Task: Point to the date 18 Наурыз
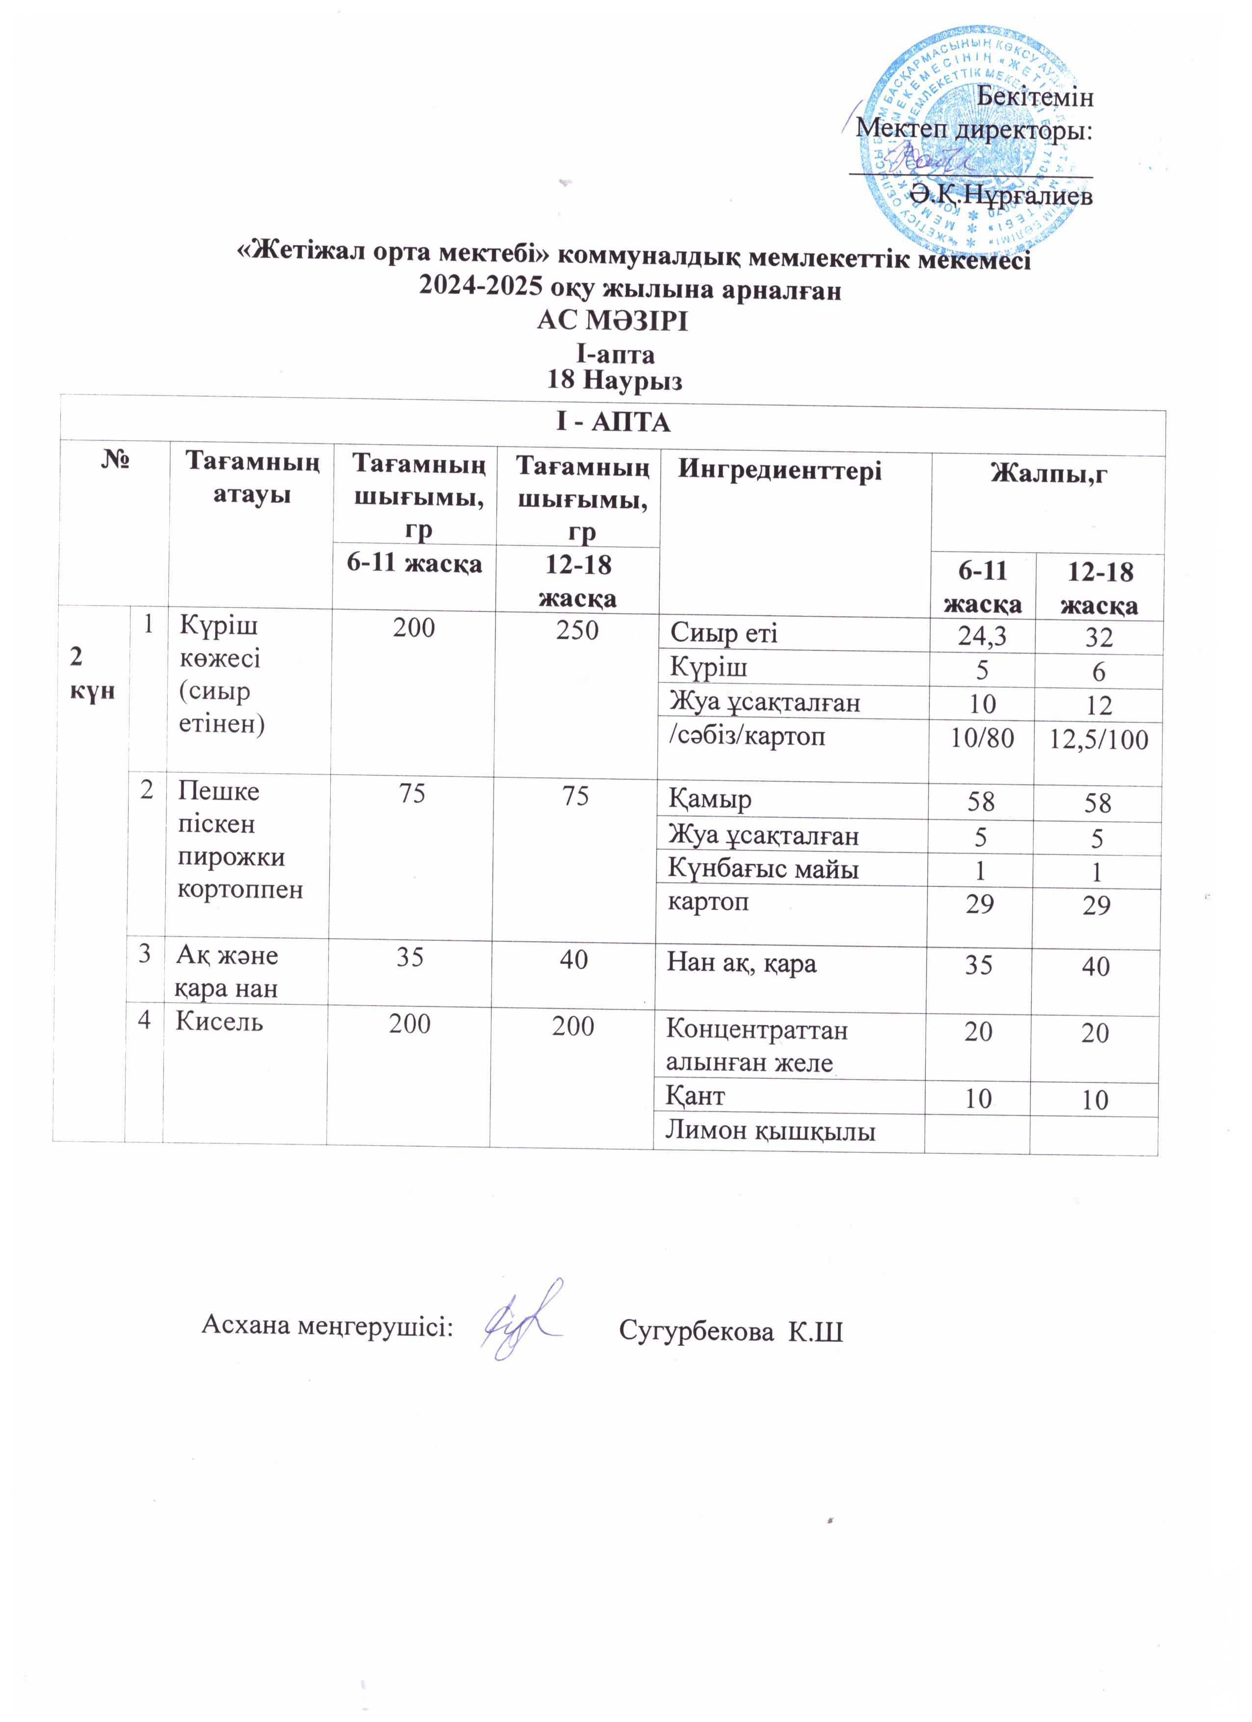click(615, 380)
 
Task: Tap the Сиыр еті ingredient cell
click(724, 633)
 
